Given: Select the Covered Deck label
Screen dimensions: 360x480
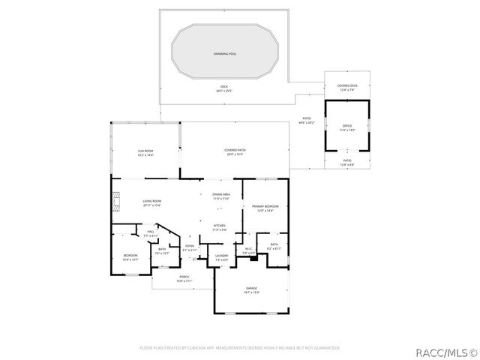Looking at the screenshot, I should pyautogui.click(x=347, y=87).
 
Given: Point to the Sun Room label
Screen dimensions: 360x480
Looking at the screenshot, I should pyautogui.click(x=145, y=153).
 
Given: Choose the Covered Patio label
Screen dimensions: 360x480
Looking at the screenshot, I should pyautogui.click(x=235, y=151).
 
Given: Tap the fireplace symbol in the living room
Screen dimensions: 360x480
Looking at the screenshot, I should pyautogui.click(x=115, y=202).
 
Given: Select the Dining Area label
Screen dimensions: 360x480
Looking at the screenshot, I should pyautogui.click(x=220, y=196).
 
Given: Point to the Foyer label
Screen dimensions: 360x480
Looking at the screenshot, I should pyautogui.click(x=190, y=247).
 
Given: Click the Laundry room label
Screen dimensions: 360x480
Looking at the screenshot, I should pyautogui.click(x=221, y=257).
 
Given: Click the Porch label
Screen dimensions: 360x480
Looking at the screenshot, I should pyautogui.click(x=184, y=278).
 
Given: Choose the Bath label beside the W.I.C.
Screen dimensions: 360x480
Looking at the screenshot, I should pyautogui.click(x=274, y=246).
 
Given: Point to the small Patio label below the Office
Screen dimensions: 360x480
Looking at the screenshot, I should pyautogui.click(x=347, y=162).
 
